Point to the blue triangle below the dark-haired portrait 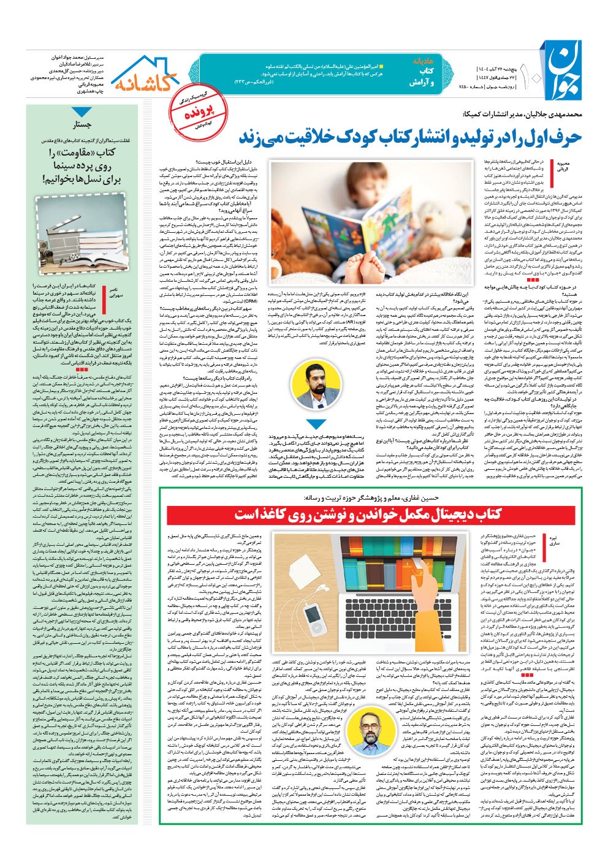(x=316, y=424)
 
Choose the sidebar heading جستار (x=83, y=125)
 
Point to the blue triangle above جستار (x=82, y=112)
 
